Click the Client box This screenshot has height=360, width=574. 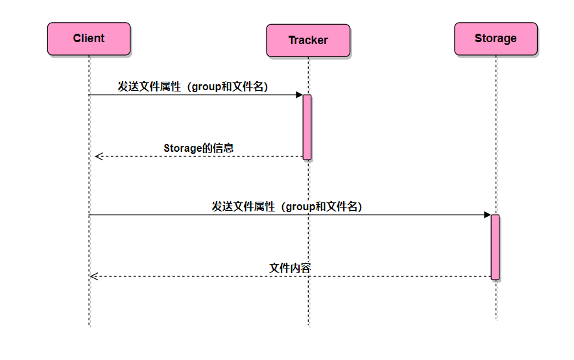click(x=89, y=39)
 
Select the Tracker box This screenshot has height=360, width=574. click(x=308, y=40)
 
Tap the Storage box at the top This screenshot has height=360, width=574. click(x=496, y=39)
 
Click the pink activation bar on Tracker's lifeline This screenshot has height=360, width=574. click(x=307, y=126)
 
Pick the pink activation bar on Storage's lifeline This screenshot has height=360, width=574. click(x=495, y=246)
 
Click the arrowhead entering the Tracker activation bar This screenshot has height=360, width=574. click(x=299, y=95)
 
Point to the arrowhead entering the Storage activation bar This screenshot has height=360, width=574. click(x=487, y=215)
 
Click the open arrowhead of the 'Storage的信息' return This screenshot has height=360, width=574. click(x=98, y=156)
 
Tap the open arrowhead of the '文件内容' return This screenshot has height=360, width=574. click(x=93, y=276)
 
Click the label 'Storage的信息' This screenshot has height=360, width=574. click(x=198, y=148)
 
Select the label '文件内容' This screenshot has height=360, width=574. click(x=290, y=268)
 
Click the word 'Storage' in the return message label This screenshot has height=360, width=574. click(x=182, y=148)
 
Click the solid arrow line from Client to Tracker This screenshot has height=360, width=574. click(x=195, y=95)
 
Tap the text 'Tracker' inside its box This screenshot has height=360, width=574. click(x=308, y=40)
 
